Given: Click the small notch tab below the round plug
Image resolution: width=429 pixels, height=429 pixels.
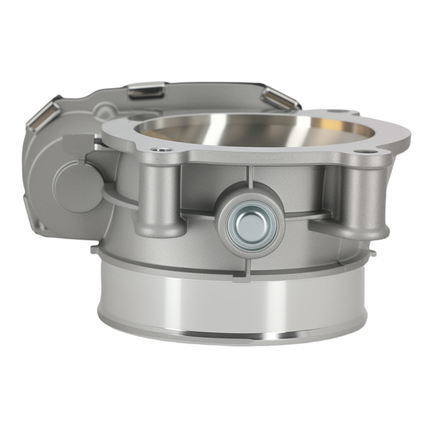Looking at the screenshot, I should tap(250, 264).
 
